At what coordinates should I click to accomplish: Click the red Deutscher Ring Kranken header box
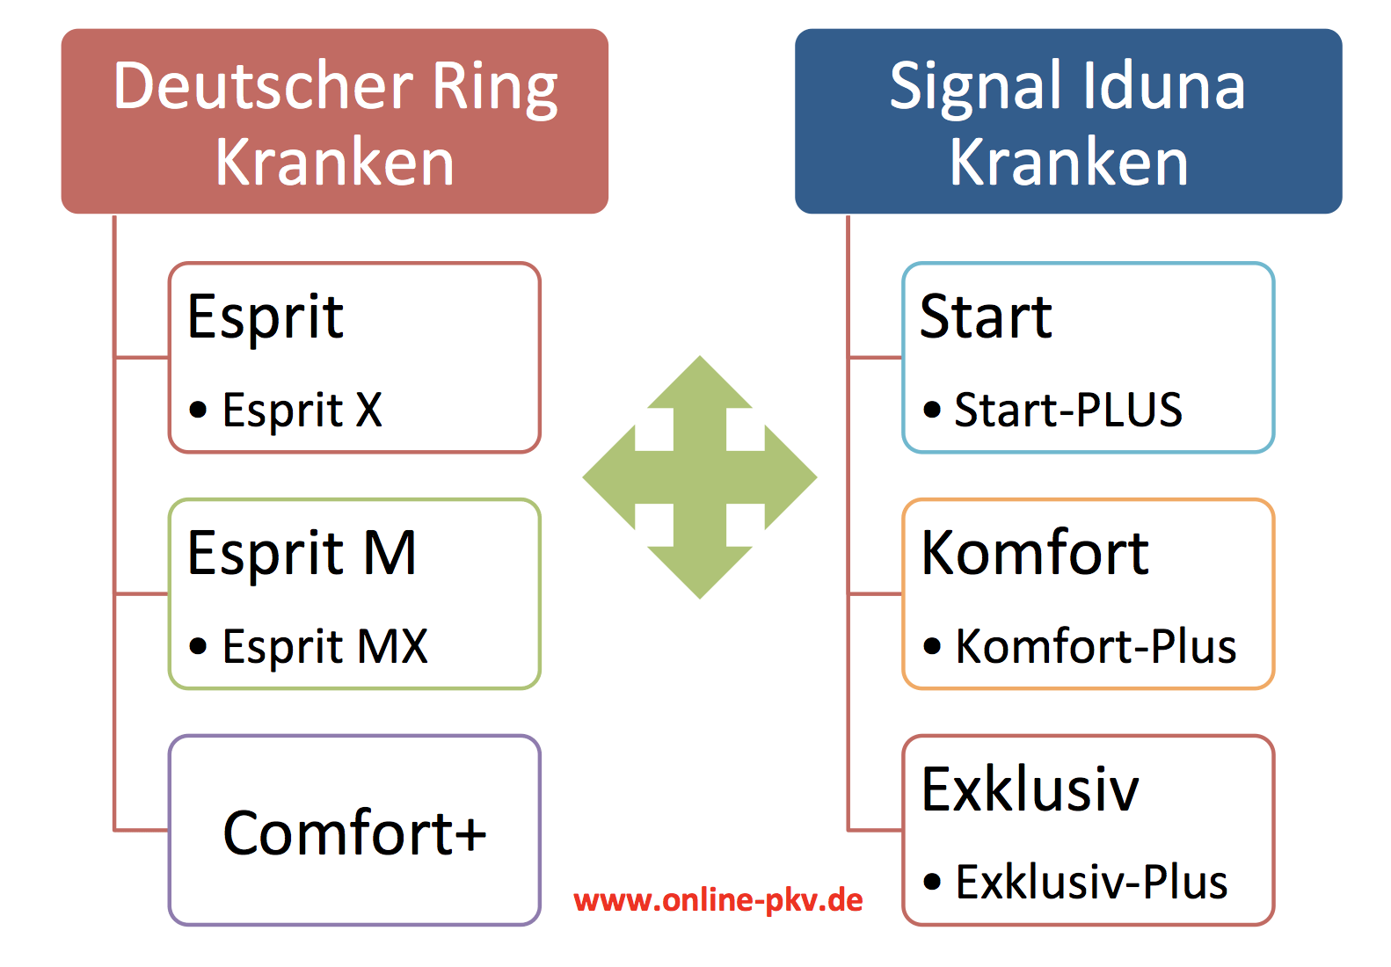[335, 121]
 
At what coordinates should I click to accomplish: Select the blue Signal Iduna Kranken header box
[1068, 121]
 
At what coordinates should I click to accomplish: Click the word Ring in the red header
[495, 88]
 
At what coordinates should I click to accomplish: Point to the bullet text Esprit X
[302, 411]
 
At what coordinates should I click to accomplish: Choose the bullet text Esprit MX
[325, 647]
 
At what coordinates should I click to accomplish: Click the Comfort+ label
[354, 832]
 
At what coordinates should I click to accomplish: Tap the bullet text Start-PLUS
[1068, 410]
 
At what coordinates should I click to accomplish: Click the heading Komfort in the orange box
[1035, 552]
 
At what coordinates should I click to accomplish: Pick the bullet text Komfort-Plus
[1096, 646]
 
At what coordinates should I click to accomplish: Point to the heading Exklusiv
[1031, 789]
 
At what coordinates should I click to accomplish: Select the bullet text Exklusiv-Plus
[1092, 882]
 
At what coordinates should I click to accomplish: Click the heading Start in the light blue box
[987, 316]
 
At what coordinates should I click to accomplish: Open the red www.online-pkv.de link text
[718, 900]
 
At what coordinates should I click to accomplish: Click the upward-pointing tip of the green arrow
[700, 356]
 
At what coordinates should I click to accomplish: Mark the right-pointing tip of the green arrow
[816, 477]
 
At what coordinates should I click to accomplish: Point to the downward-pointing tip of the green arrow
[700, 599]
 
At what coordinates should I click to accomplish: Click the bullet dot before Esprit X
[198, 410]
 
